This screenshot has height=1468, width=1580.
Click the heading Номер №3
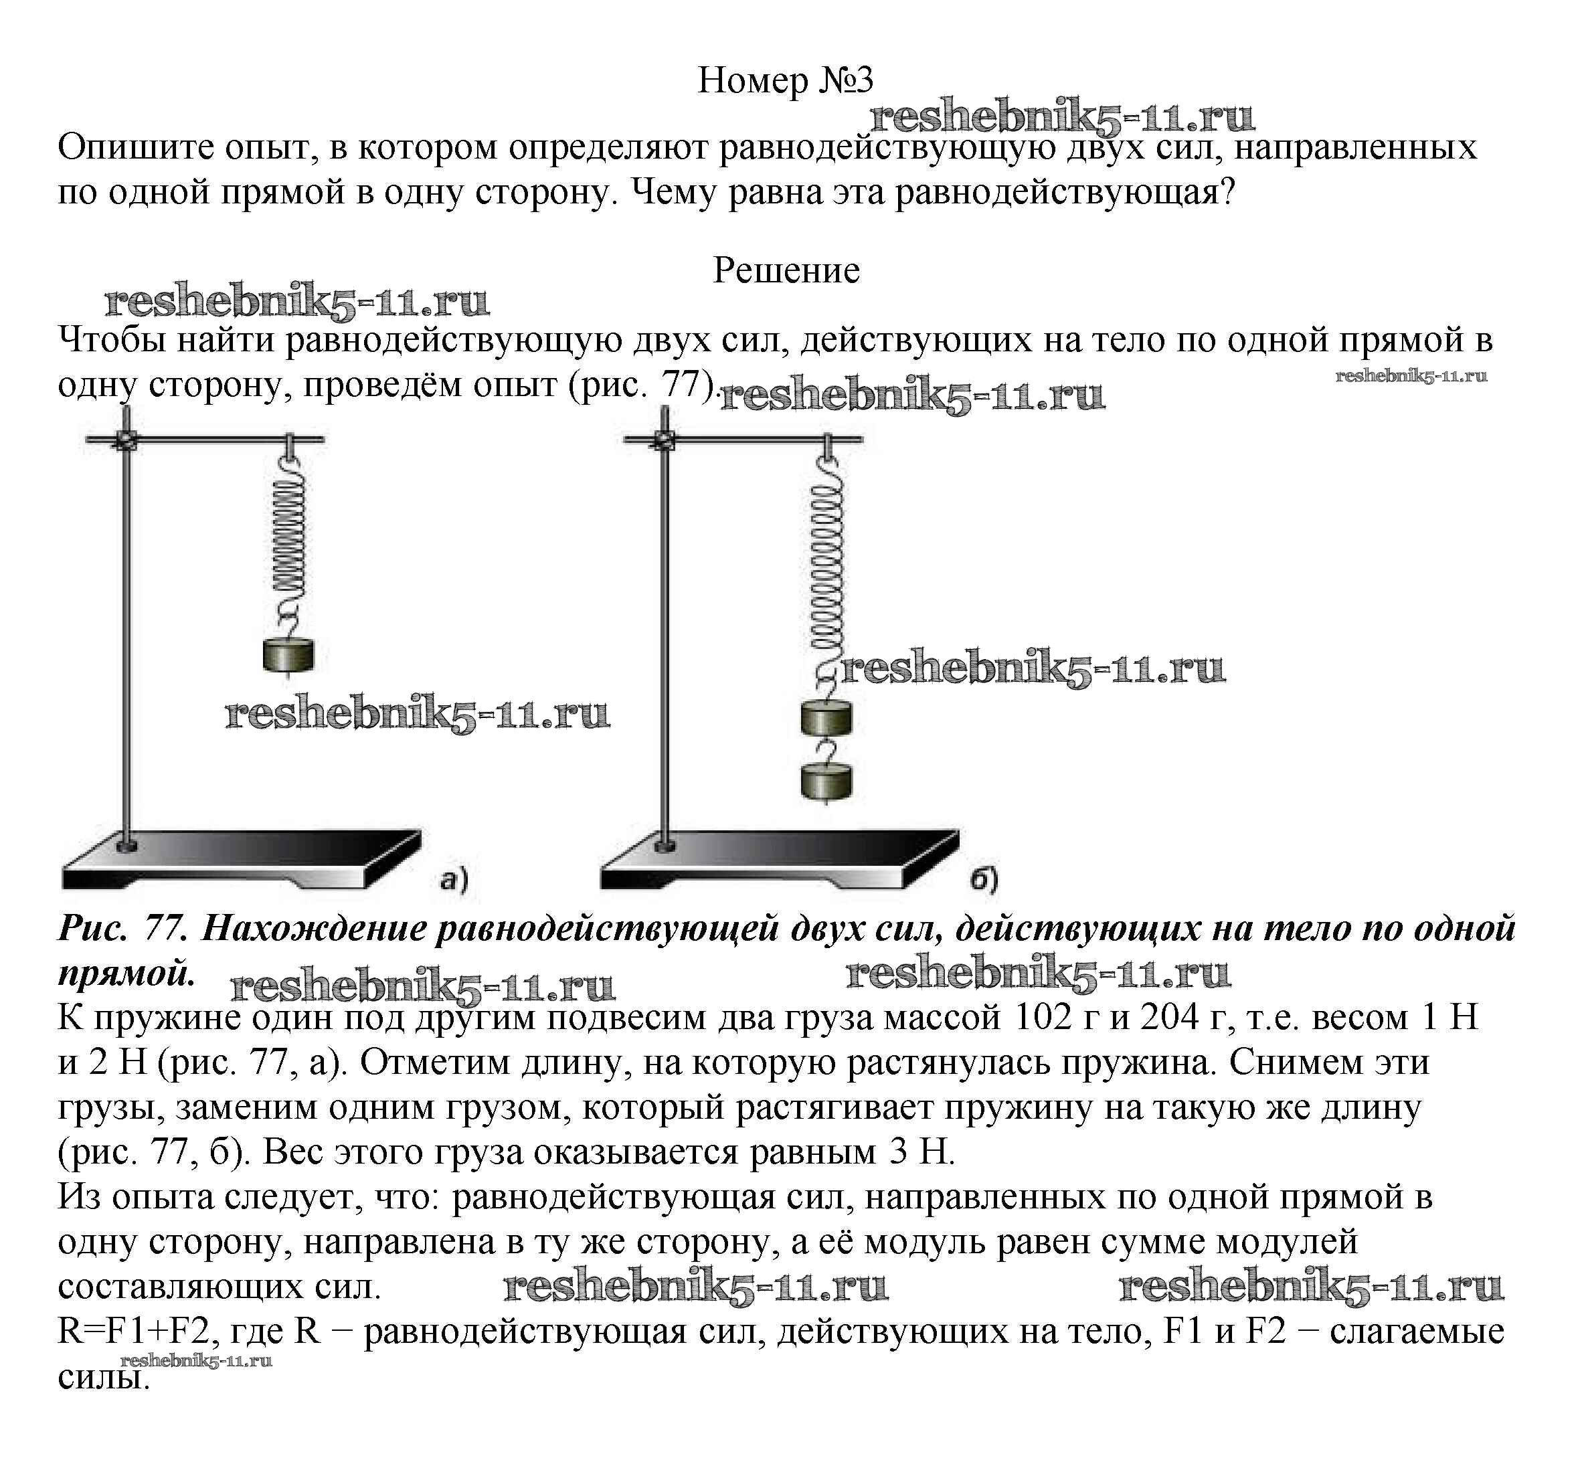pyautogui.click(x=785, y=80)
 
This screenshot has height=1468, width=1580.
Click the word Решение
pyautogui.click(x=786, y=271)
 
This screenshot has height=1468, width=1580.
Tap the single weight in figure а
pyautogui.click(x=288, y=654)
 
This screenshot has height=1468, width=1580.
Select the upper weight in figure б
pyautogui.click(x=826, y=718)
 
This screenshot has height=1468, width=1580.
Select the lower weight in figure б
pyautogui.click(x=826, y=781)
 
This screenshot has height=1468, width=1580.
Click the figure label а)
pyautogui.click(x=454, y=879)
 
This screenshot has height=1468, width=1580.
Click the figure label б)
pyautogui.click(x=984, y=879)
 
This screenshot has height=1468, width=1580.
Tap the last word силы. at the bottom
pyautogui.click(x=103, y=1376)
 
